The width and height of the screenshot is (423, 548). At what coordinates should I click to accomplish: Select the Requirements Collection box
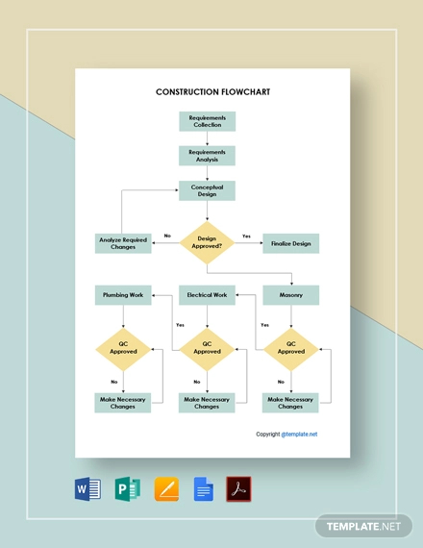click(x=207, y=121)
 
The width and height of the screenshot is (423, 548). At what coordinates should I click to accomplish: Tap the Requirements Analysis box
click(x=207, y=155)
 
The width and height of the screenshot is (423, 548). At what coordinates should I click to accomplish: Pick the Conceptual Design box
click(x=207, y=190)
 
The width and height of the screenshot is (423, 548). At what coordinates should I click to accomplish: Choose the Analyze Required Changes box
click(x=123, y=243)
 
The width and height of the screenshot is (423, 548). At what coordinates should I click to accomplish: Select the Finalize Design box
click(x=290, y=243)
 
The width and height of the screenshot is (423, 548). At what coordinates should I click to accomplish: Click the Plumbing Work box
click(x=123, y=295)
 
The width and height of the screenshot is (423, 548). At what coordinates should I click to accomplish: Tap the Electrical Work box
click(x=207, y=295)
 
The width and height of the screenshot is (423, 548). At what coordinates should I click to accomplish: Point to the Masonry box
click(x=290, y=295)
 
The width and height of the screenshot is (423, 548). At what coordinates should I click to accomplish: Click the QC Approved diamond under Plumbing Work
click(x=123, y=348)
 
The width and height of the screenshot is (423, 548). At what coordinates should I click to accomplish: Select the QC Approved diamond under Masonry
click(x=290, y=348)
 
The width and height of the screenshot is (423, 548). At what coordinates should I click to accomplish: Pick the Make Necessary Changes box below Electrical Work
click(x=207, y=403)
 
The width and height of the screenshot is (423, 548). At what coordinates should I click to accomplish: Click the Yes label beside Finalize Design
click(x=246, y=237)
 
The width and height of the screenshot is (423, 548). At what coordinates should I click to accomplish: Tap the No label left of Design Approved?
click(x=167, y=237)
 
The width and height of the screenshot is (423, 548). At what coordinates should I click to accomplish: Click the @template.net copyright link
click(x=300, y=434)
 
